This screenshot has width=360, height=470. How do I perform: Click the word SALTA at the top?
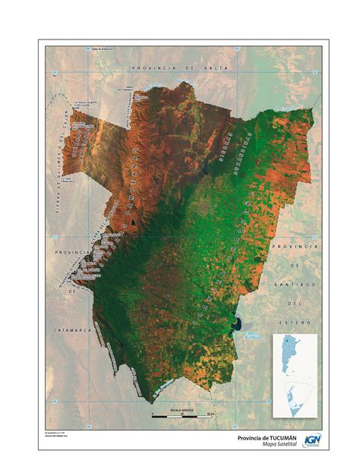pos(207,68)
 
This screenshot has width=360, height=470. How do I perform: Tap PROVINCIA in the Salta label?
pos(153,68)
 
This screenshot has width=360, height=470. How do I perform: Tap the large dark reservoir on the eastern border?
pos(238,324)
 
